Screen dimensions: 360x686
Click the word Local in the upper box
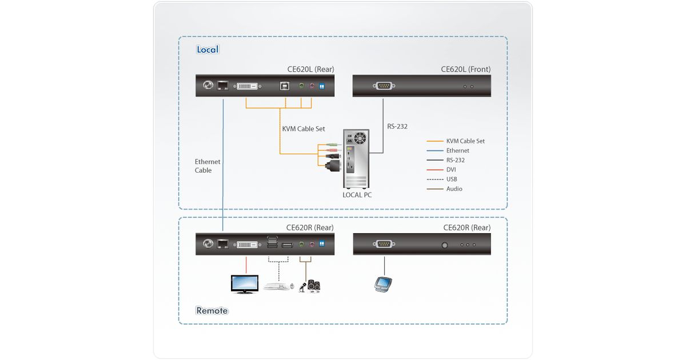click(208, 50)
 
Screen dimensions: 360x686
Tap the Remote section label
click(212, 311)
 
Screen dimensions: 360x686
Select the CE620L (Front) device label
click(465, 69)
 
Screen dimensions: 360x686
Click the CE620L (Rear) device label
click(310, 69)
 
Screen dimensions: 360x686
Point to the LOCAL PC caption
click(357, 195)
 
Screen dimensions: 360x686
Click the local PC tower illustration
click(356, 160)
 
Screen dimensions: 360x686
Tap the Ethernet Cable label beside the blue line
click(207, 166)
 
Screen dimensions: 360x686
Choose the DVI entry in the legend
click(451, 170)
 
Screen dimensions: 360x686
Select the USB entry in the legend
click(452, 179)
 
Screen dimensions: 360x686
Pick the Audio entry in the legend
click(454, 189)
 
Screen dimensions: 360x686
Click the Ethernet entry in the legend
click(457, 151)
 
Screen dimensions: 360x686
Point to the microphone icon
click(301, 286)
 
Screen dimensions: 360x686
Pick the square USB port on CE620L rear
click(284, 86)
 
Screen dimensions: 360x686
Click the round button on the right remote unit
click(445, 245)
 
